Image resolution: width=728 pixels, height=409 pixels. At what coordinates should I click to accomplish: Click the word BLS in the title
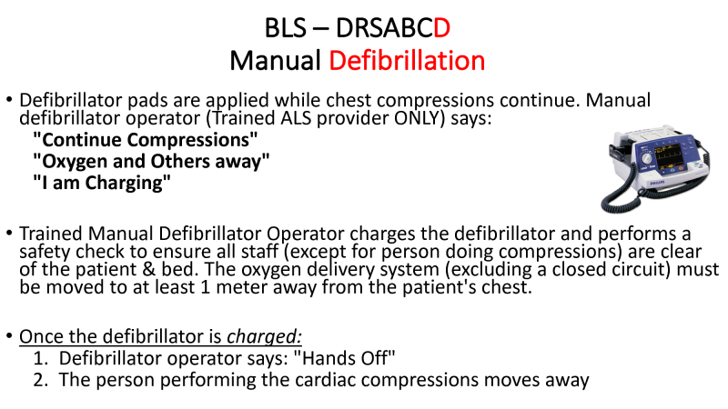click(x=286, y=28)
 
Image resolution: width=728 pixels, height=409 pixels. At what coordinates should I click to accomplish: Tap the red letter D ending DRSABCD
click(x=441, y=28)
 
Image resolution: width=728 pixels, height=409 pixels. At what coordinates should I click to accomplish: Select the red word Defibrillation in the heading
click(x=407, y=61)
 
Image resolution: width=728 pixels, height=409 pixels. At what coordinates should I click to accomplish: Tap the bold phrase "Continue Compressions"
click(x=146, y=140)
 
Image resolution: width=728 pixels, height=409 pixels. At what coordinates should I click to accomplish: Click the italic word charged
click(x=262, y=336)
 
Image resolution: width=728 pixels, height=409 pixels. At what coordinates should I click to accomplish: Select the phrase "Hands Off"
click(x=345, y=358)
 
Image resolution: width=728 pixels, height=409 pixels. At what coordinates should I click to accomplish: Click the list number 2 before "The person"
click(x=39, y=380)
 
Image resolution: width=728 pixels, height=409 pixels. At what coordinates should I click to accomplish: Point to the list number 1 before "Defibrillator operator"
click(x=39, y=358)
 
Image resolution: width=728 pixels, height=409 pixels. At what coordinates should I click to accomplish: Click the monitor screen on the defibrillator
click(x=668, y=155)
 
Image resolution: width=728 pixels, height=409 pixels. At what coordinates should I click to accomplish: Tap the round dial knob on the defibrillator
click(x=646, y=157)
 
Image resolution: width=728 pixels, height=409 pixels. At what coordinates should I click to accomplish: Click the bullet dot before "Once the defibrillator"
click(x=9, y=336)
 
